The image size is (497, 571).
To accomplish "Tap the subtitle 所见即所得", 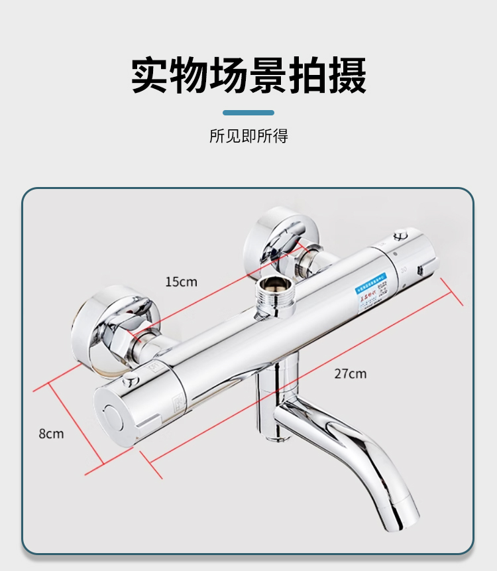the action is (x=248, y=137).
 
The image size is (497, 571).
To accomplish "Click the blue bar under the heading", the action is (x=248, y=113).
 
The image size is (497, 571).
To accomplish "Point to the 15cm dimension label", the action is (x=181, y=282).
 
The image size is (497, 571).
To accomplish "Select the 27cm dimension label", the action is (x=350, y=373).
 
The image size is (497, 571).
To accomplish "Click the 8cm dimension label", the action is (x=51, y=434).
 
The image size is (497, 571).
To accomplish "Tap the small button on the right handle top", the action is (x=400, y=236).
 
